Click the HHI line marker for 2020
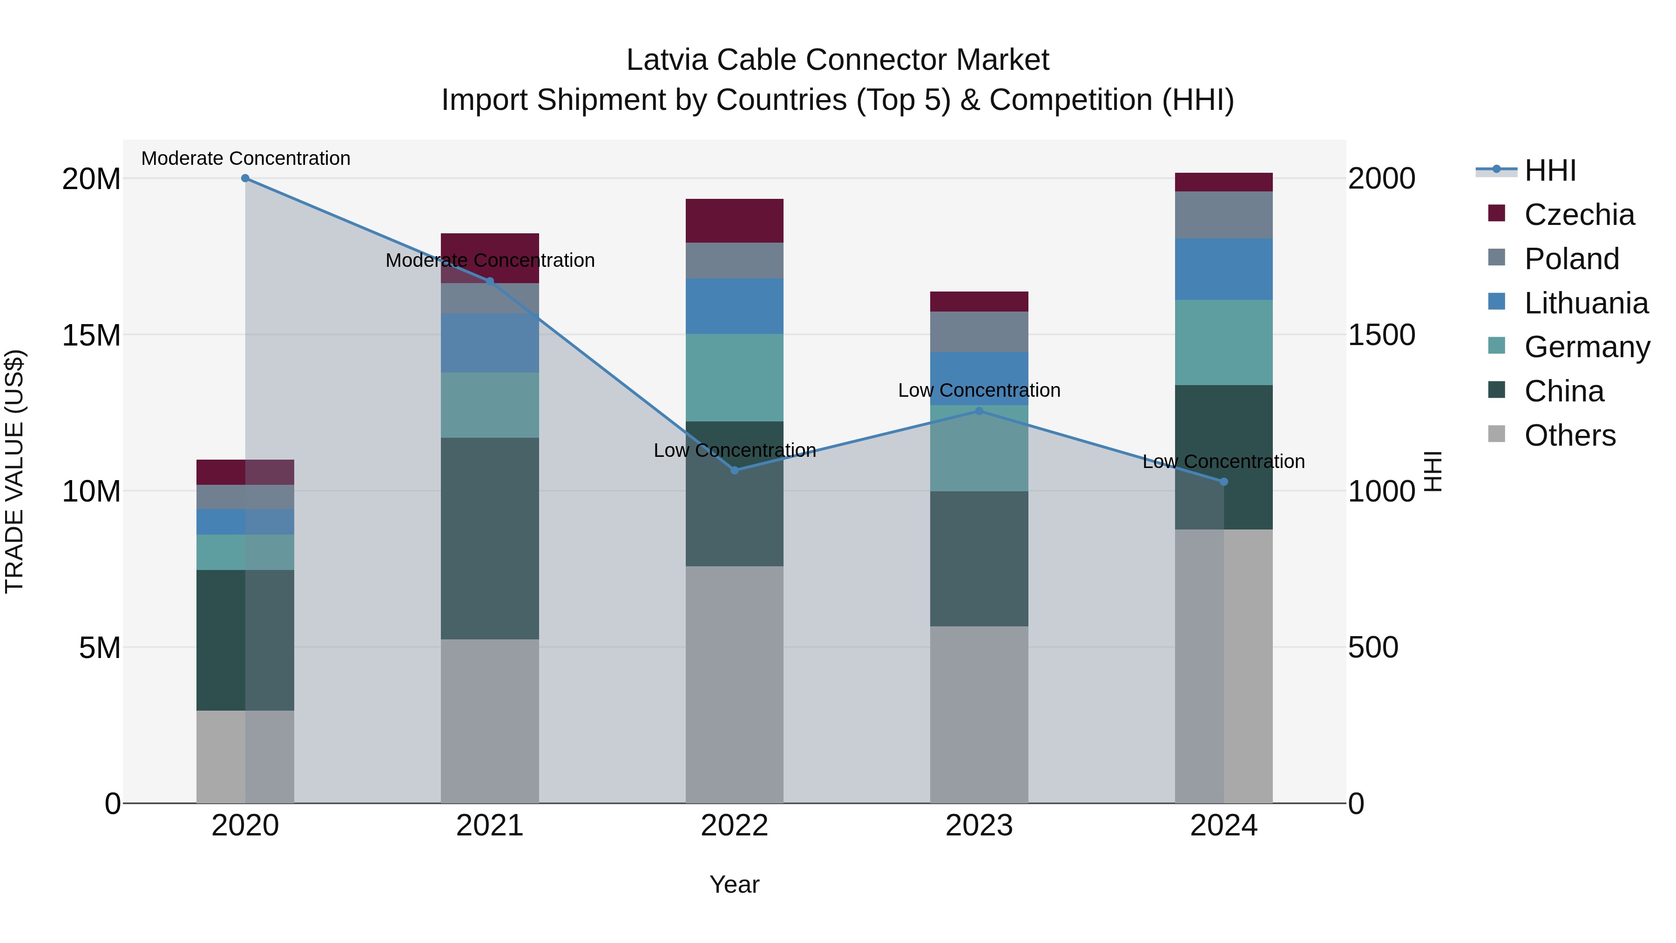245,178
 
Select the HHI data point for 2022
735,470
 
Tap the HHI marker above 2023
979,411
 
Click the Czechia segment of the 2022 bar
735,221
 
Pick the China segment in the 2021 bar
490,538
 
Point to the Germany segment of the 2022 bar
735,378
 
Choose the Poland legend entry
1571,259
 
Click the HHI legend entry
1550,170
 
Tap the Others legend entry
1569,435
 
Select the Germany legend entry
1586,347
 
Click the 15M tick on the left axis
91,335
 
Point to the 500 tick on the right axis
1373,648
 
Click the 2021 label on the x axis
490,826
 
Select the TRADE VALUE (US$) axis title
14,471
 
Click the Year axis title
735,884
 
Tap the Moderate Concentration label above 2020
245,158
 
